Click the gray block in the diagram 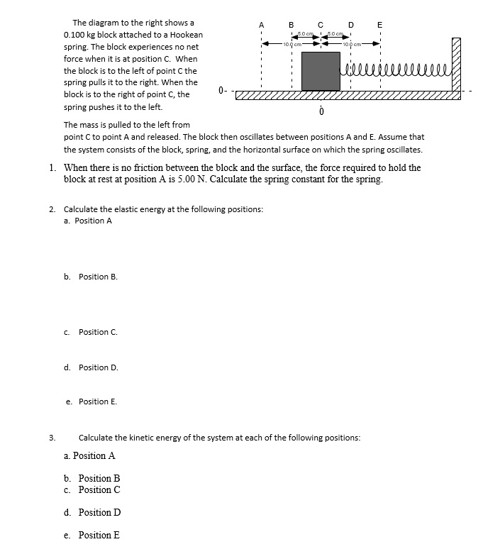pyautogui.click(x=321, y=71)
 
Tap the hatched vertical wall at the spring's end pyautogui.click(x=456, y=65)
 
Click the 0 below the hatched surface pyautogui.click(x=321, y=112)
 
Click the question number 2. pyautogui.click(x=53, y=209)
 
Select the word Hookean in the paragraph pyautogui.click(x=187, y=35)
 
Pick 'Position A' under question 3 pyautogui.click(x=94, y=455)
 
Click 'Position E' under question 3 pyautogui.click(x=99, y=535)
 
